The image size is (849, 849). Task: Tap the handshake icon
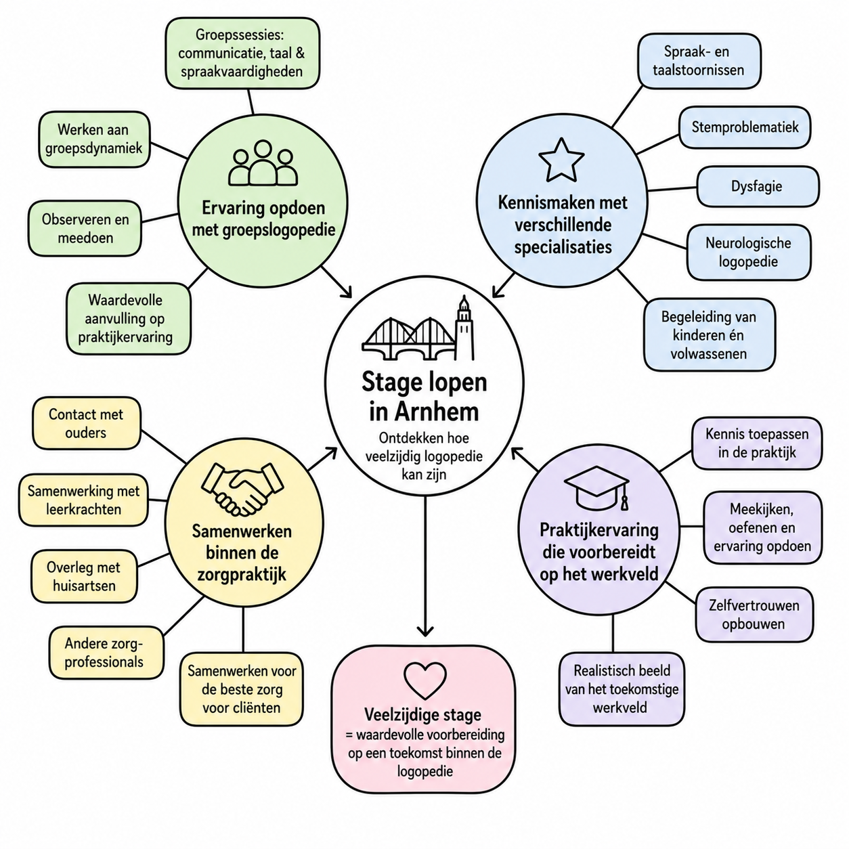click(242, 489)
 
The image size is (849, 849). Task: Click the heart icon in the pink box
click(424, 680)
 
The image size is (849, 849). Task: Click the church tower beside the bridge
click(464, 328)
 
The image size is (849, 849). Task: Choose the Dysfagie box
click(758, 186)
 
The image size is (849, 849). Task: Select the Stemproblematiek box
click(744, 127)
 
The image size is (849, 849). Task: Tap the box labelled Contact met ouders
click(87, 423)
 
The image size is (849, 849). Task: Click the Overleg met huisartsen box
click(84, 576)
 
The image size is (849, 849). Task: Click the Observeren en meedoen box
click(85, 228)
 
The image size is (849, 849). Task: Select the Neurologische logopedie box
click(749, 252)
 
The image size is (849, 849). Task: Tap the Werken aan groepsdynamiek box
click(94, 139)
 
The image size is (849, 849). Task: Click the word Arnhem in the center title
click(437, 412)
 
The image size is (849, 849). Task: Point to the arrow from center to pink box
click(425, 566)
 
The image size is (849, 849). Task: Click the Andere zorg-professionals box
click(106, 653)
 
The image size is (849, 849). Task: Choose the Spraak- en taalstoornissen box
click(699, 61)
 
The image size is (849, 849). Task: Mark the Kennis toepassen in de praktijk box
click(757, 443)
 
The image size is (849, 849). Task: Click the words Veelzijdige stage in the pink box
click(423, 715)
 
